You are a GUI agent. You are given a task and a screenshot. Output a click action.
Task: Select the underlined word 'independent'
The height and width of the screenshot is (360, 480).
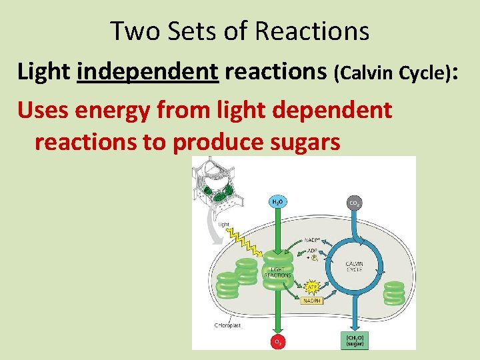(148, 71)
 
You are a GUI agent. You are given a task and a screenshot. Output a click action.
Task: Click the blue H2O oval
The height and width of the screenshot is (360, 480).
(277, 201)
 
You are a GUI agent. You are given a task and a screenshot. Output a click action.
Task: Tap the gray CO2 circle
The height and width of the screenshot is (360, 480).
(354, 201)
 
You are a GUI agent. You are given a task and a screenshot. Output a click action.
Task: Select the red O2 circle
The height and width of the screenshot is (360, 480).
(277, 341)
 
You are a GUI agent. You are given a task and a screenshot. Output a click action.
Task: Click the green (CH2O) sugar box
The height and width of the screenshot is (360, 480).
(354, 340)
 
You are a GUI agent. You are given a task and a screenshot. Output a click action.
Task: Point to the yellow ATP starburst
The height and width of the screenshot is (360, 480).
(311, 287)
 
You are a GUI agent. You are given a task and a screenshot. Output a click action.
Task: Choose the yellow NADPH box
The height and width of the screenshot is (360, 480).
(311, 301)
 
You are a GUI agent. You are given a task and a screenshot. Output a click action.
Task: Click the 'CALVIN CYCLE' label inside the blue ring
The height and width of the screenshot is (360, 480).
(354, 267)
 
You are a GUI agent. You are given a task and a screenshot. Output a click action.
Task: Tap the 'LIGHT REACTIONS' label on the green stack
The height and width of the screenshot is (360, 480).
(277, 271)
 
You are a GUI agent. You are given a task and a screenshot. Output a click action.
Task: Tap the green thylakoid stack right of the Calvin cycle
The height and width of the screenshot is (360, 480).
(394, 293)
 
